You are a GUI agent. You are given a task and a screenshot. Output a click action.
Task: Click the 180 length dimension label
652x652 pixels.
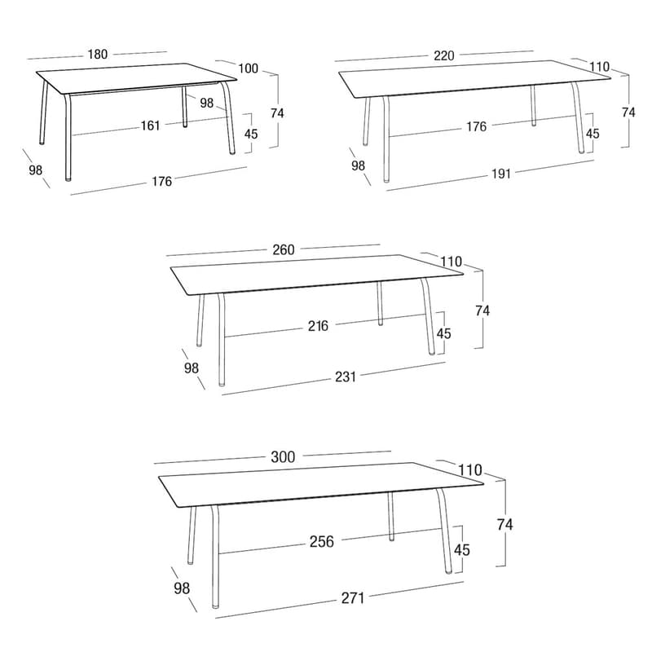98,54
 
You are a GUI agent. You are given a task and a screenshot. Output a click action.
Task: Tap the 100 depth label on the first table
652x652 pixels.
249,68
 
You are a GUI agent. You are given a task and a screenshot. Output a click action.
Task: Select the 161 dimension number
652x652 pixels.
150,126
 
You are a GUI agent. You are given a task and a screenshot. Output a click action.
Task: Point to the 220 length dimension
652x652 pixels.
443,55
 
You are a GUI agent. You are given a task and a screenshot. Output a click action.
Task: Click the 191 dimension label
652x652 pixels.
501,174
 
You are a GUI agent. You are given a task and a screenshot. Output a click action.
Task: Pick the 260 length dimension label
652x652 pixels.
284,249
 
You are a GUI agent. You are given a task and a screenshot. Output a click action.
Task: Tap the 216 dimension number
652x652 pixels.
318,326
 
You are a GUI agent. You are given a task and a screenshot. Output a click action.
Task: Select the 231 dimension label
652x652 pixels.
346,377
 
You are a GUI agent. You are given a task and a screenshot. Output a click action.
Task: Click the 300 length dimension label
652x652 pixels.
283,457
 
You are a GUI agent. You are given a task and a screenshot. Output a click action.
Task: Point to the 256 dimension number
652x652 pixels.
322,541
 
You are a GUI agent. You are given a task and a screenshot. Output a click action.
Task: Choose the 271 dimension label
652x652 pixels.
353,598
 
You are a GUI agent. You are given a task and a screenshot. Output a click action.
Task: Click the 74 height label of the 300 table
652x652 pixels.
504,525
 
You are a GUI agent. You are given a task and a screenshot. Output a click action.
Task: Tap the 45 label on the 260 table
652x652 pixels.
443,333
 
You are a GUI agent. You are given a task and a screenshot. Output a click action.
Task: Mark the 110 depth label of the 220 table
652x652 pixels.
599,67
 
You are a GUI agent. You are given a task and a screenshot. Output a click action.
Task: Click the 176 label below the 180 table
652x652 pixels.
161,181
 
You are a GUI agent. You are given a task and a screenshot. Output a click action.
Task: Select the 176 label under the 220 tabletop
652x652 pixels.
476,126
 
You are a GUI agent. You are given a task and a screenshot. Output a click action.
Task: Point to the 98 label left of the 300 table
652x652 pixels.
182,588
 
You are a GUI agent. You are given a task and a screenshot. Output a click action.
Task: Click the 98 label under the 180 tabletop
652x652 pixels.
207,103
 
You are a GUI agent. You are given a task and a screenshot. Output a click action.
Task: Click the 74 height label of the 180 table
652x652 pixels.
277,113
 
